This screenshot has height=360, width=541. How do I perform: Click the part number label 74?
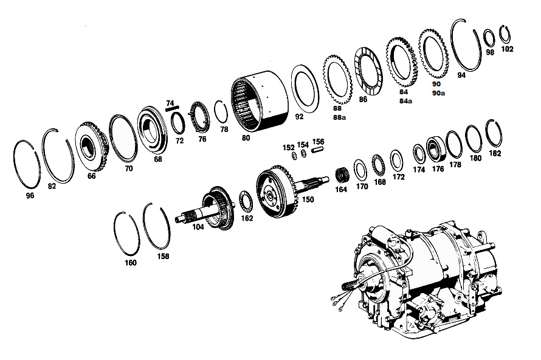[170, 103]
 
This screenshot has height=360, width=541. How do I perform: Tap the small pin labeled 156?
[318, 150]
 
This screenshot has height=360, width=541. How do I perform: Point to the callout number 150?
[308, 199]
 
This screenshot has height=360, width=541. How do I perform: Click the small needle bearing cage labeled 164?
[342, 175]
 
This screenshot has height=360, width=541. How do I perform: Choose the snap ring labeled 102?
[505, 35]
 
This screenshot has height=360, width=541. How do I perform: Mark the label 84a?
[405, 101]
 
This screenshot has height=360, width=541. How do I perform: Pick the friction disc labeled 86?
[368, 71]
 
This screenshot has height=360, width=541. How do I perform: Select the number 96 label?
[30, 196]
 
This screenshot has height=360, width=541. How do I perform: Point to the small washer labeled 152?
[294, 156]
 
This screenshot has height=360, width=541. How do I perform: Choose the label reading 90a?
[438, 93]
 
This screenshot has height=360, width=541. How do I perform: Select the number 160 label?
[131, 263]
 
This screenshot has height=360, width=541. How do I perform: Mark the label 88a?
[339, 117]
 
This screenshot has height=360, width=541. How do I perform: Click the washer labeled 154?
[303, 154]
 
